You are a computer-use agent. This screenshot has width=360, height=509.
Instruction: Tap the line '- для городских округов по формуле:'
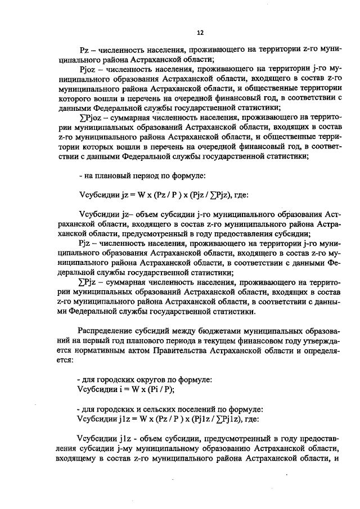[144, 380]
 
